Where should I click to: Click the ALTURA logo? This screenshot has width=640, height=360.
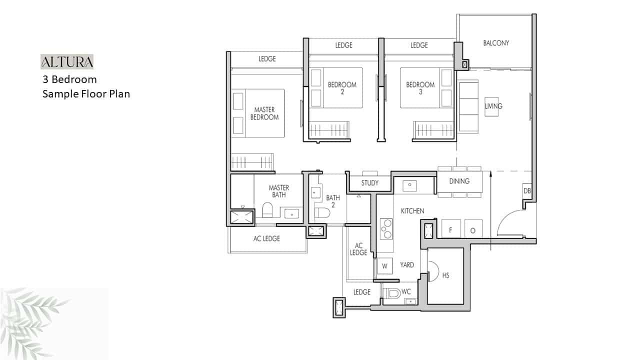67,61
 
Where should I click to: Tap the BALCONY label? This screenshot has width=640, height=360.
496,43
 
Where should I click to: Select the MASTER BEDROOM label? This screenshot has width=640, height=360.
264,113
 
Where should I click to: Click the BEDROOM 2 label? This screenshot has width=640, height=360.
342,88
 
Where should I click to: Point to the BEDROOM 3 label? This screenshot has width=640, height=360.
420,88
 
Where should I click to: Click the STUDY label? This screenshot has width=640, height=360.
369,183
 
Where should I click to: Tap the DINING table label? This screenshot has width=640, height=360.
459,181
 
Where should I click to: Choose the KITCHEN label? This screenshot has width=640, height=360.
412,211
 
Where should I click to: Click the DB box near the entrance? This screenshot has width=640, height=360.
527,191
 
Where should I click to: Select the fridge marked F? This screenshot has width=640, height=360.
451,228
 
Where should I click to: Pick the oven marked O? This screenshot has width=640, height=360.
473,228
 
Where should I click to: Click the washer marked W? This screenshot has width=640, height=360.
384,266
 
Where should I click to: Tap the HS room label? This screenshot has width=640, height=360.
445,275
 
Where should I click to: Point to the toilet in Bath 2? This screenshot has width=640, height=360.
322,213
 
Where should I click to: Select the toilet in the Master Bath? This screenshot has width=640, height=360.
267,210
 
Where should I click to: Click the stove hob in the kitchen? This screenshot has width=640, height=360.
386,229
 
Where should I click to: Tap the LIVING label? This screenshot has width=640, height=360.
493,106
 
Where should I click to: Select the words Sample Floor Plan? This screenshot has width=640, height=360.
86,94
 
